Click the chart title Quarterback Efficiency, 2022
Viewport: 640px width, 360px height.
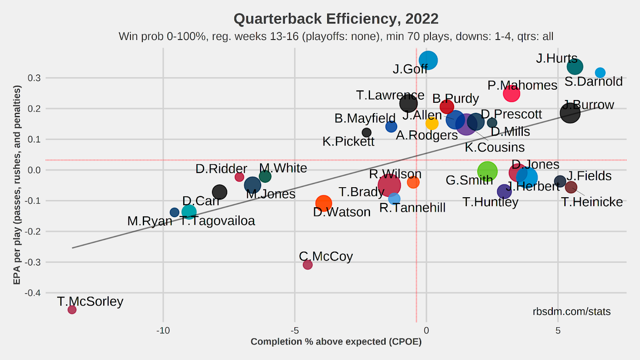pyautogui.click(x=336, y=19)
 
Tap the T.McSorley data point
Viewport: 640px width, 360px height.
pyautogui.click(x=72, y=309)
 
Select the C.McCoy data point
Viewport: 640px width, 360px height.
pyautogui.click(x=307, y=264)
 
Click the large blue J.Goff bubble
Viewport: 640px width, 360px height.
pyautogui.click(x=428, y=60)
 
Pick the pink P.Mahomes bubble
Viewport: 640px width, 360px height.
pyautogui.click(x=511, y=94)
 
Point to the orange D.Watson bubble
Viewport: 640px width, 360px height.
pyautogui.click(x=323, y=203)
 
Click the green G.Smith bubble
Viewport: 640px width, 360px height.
pyautogui.click(x=487, y=171)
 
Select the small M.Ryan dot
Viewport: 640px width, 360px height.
pyautogui.click(x=174, y=212)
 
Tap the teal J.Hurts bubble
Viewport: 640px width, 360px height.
pyautogui.click(x=574, y=66)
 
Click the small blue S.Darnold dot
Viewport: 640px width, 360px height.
pyautogui.click(x=600, y=72)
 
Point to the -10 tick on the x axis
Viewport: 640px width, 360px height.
pyautogui.click(x=163, y=331)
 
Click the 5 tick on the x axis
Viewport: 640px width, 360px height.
pyautogui.click(x=558, y=331)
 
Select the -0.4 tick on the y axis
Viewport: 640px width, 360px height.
pyautogui.click(x=33, y=293)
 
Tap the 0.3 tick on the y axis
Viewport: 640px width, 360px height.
pyautogui.click(x=34, y=78)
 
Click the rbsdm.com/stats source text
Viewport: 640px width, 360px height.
pyautogui.click(x=572, y=312)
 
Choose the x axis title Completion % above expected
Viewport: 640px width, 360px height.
pyautogui.click(x=336, y=342)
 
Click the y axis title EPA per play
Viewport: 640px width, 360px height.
pyautogui.click(x=17, y=185)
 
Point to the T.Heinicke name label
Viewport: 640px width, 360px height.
pyautogui.click(x=592, y=202)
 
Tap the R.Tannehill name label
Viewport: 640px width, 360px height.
pyautogui.click(x=412, y=208)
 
